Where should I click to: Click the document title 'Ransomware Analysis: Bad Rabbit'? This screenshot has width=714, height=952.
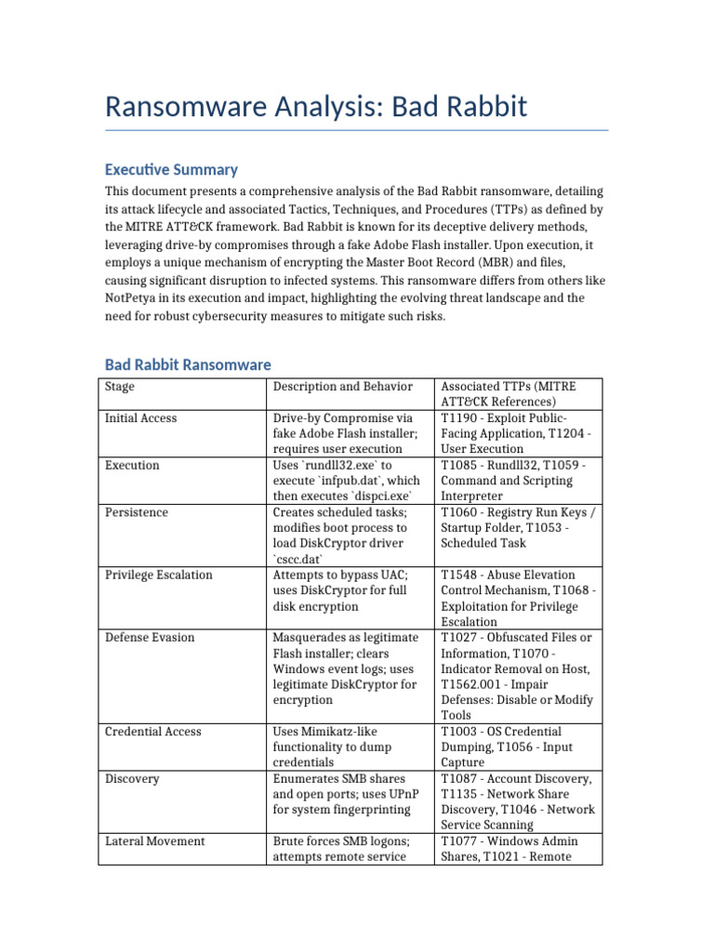316,106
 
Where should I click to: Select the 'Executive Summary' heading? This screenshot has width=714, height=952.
171,169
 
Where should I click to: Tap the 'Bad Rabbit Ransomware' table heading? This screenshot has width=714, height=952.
188,364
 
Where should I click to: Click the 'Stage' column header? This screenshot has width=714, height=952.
119,387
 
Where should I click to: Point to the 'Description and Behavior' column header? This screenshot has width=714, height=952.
341,387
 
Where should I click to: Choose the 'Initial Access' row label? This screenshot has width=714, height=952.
140,418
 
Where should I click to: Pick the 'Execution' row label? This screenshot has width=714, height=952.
132,465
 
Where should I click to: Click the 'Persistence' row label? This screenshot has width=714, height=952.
137,512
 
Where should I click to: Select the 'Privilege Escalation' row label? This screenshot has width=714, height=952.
159,575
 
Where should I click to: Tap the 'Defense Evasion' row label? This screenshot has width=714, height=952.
150,638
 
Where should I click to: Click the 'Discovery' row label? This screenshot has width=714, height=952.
132,778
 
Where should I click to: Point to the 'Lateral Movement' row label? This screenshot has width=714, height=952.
155,841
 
